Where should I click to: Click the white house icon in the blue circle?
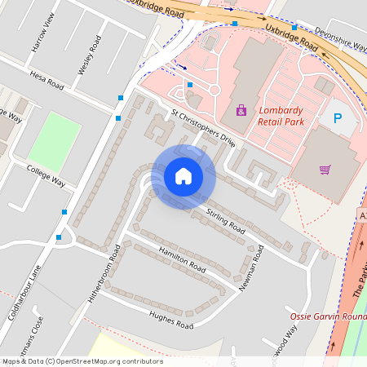tap(183, 175)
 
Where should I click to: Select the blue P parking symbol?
tap(337, 118)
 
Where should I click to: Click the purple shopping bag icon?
tap(241, 109)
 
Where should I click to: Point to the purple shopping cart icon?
tap(325, 170)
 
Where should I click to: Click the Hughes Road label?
tap(170, 319)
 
